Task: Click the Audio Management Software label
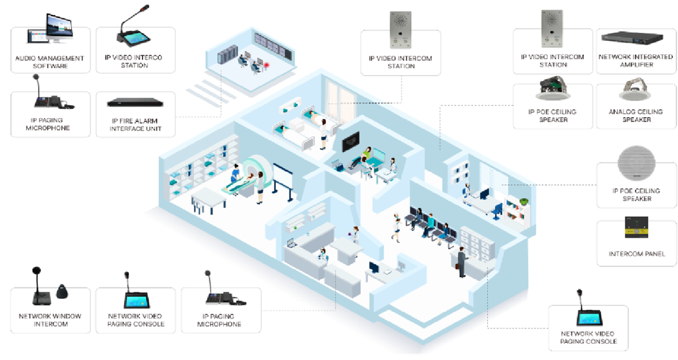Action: (50, 62)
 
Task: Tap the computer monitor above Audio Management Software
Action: (59, 28)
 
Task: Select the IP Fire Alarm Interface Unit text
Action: (135, 125)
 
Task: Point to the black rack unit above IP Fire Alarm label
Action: (135, 103)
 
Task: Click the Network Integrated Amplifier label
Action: (636, 61)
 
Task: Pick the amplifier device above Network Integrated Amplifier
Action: (632, 38)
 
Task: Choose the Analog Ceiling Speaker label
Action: (636, 115)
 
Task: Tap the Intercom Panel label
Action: (637, 253)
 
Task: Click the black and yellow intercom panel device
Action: (636, 227)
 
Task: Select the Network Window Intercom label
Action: (50, 320)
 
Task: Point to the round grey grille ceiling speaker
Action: (636, 163)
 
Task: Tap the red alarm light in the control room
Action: (267, 65)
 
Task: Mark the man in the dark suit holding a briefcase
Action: (461, 262)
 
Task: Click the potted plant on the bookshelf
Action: (524, 201)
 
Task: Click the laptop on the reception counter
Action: (293, 244)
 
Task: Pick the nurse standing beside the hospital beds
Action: (323, 134)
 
